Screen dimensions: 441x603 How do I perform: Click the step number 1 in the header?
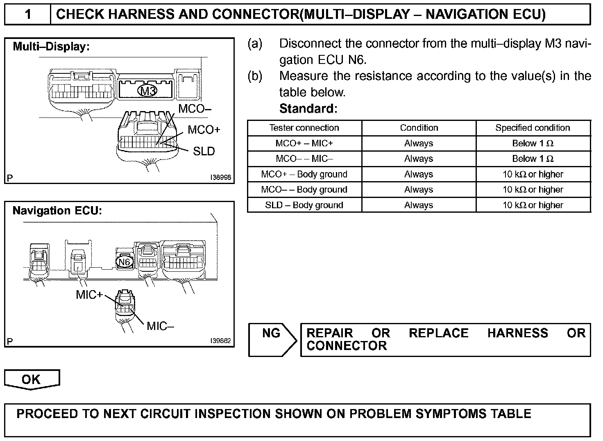[x=27, y=15]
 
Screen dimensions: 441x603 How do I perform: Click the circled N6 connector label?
[x=124, y=262]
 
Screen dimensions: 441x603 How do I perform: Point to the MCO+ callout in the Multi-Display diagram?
[x=204, y=130]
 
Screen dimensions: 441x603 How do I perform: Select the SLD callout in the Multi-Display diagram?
[x=204, y=151]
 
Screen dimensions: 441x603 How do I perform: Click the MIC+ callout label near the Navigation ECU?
[x=89, y=295]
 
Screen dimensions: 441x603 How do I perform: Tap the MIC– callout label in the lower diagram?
[x=160, y=326]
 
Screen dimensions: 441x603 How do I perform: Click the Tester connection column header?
[x=304, y=128]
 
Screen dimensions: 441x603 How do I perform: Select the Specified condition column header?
[x=533, y=128]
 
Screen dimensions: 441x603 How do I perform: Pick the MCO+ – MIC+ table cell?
[x=304, y=143]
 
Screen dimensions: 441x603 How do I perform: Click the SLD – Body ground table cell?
[x=304, y=205]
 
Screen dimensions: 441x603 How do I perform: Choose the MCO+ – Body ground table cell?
[x=304, y=174]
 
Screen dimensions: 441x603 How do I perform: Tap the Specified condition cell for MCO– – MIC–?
[x=533, y=159]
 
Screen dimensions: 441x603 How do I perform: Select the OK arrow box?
[x=32, y=380]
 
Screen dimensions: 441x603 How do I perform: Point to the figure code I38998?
[x=220, y=177]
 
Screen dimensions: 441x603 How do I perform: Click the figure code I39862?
[x=220, y=341]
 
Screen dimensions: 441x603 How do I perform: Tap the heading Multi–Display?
[x=51, y=47]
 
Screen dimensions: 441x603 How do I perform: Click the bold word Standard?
[x=308, y=109]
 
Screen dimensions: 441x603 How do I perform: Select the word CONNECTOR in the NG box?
[x=347, y=346]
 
